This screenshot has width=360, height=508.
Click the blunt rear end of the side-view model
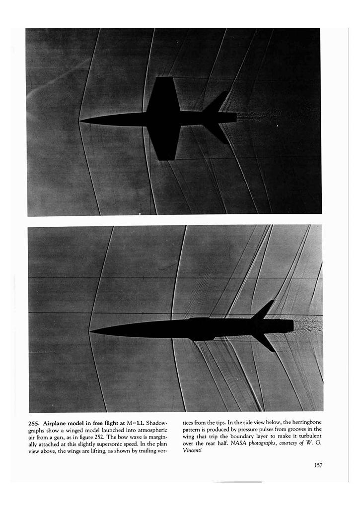pyautogui.click(x=292, y=326)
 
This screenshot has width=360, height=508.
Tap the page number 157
pyautogui.click(x=318, y=465)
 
